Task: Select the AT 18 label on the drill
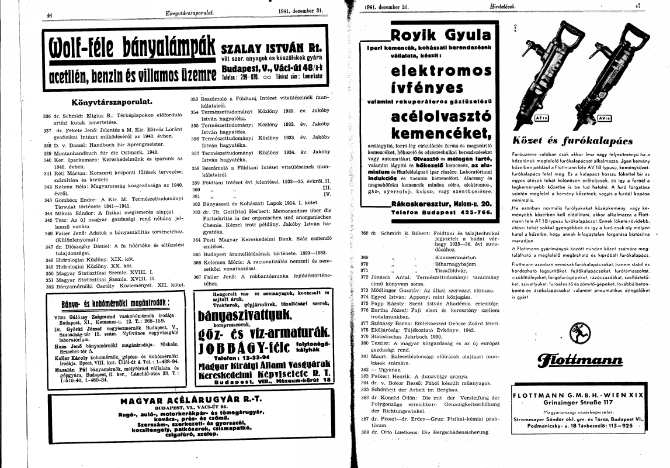540,118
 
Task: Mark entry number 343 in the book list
48,200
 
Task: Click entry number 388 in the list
365,432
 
